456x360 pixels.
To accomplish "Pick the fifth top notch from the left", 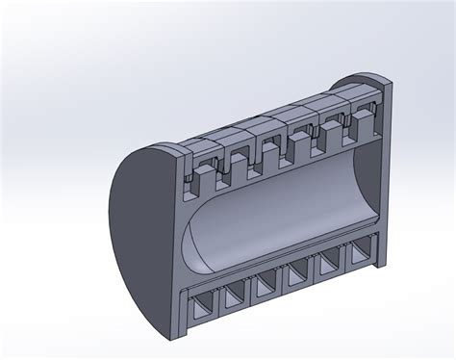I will coord(327,133).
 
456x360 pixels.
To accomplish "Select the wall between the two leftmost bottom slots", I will coord(218,305).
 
